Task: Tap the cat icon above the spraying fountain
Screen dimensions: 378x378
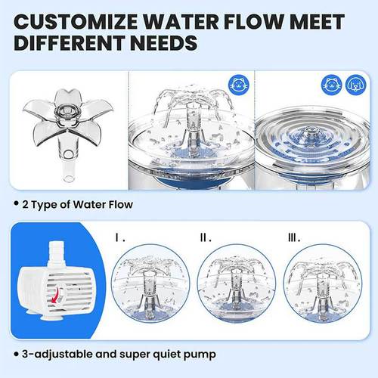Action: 238,85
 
